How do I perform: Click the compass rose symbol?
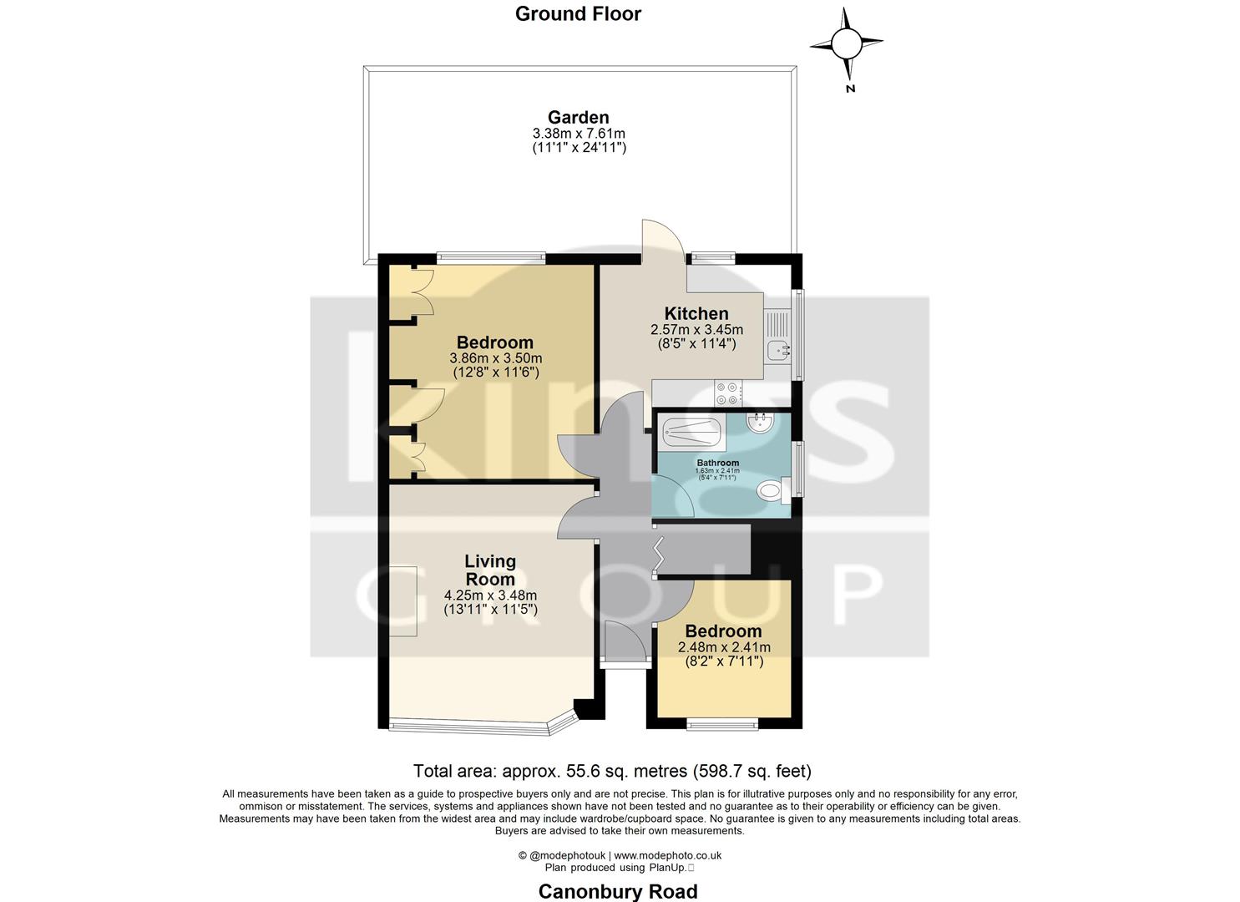[x=847, y=42]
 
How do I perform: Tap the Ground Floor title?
[x=578, y=13]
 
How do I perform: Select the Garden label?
[x=578, y=117]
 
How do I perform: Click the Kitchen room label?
[x=696, y=314]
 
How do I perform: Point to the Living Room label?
[x=490, y=570]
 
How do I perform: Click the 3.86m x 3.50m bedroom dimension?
[x=495, y=358]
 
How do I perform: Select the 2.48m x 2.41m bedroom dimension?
[x=724, y=647]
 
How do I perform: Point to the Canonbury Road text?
[x=618, y=891]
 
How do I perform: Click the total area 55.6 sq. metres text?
[x=612, y=771]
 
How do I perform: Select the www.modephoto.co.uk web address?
[x=668, y=855]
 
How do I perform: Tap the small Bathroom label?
[x=717, y=463]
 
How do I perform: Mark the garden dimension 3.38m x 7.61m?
[x=579, y=134]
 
